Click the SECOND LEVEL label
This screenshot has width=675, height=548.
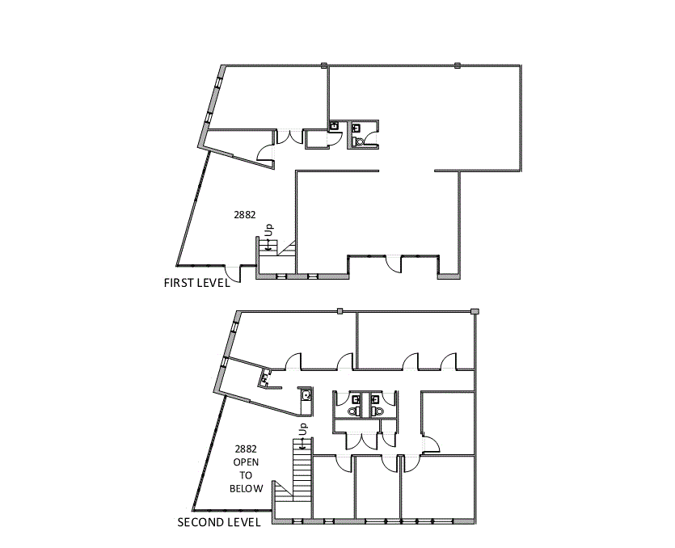click(x=219, y=522)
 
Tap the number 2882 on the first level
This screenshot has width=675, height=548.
click(x=245, y=215)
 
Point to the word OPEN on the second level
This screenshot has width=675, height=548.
click(x=247, y=462)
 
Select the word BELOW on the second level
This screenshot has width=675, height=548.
click(x=247, y=488)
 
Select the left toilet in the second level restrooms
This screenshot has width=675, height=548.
click(x=352, y=411)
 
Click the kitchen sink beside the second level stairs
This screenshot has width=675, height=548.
click(x=306, y=395)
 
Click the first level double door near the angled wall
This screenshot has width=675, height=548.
click(x=289, y=137)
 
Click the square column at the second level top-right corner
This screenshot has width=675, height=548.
click(x=475, y=311)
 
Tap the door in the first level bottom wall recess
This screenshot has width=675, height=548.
click(x=392, y=263)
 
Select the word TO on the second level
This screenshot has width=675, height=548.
click(x=247, y=475)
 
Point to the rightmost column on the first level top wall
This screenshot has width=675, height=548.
click(x=458, y=65)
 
